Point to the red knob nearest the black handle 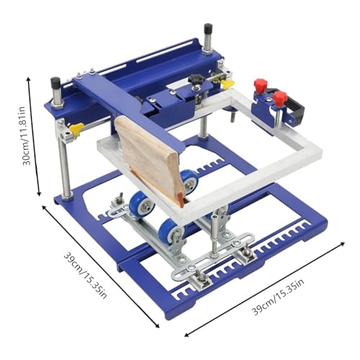coord(280,98)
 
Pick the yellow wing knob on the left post coord(73,130)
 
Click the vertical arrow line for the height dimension coord(37,137)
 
